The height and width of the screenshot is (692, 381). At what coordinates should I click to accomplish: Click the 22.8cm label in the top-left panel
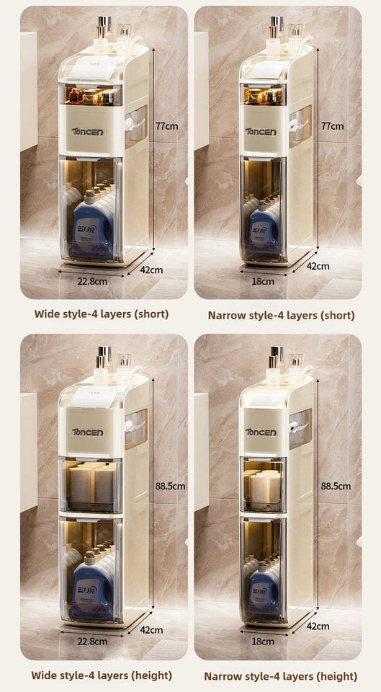click(x=92, y=281)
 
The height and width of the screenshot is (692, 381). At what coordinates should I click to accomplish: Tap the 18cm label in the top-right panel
click(x=263, y=281)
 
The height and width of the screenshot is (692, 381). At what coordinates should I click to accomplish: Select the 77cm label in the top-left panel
click(x=167, y=125)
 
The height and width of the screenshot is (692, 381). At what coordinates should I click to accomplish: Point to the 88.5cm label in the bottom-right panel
click(x=336, y=486)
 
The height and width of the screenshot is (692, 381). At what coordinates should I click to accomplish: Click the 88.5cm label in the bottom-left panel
click(x=171, y=486)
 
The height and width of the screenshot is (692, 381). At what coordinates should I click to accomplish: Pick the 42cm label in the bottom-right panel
click(x=318, y=626)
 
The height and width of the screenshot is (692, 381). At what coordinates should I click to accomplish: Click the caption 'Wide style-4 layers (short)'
click(x=102, y=314)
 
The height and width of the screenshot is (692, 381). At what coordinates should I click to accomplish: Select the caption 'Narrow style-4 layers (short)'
click(x=281, y=315)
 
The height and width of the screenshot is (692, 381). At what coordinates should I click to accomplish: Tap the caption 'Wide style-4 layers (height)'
click(x=102, y=675)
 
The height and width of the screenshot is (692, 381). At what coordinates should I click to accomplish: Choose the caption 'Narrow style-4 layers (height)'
click(x=280, y=676)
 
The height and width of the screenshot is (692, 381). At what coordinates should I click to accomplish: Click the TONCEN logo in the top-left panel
click(x=88, y=132)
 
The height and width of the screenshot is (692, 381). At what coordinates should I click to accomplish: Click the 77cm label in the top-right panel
click(x=332, y=125)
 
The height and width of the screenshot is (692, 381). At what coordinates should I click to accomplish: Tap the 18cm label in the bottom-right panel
click(x=263, y=641)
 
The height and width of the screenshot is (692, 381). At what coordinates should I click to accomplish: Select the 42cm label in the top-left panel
click(x=152, y=270)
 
